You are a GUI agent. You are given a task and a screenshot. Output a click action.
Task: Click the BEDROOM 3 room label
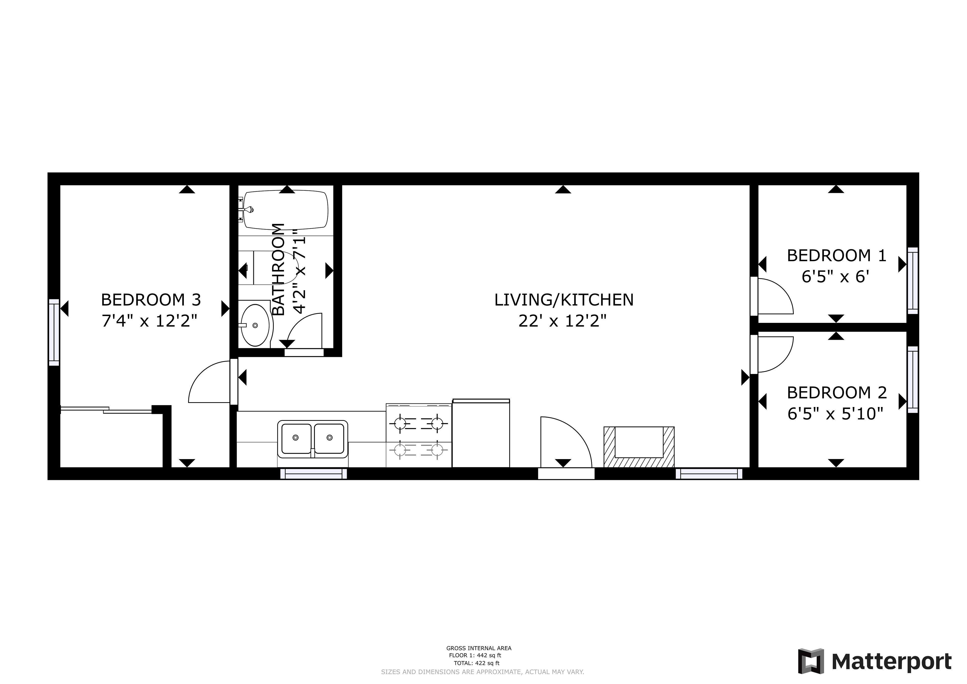click(x=151, y=300)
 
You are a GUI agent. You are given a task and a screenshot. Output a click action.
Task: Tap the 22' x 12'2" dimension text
click(x=563, y=321)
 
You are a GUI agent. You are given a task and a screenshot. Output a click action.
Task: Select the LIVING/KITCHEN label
click(x=564, y=300)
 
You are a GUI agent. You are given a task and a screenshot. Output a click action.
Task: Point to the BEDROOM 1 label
click(x=837, y=256)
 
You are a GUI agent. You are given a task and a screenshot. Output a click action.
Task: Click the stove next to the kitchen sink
click(x=419, y=435)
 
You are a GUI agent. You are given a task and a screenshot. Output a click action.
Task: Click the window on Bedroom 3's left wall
click(x=54, y=332)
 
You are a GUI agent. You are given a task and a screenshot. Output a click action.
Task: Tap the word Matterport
click(x=892, y=662)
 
